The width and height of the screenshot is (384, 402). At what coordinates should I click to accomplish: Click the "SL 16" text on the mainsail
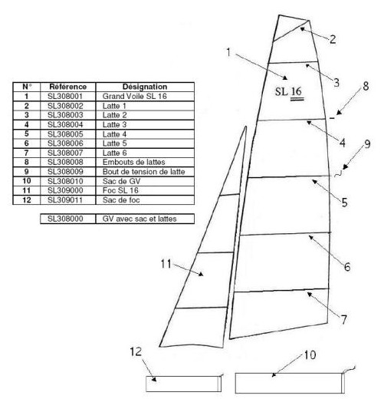pos(289,92)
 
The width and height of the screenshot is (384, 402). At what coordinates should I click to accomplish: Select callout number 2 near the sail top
pos(333,39)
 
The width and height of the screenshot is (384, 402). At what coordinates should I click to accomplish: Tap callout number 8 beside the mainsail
pos(366,86)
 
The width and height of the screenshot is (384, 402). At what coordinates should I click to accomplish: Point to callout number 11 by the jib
pos(166,264)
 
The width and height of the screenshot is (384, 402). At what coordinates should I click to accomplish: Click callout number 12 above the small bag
pos(136,351)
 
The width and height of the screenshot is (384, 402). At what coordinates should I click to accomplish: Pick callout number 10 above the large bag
pos(310,355)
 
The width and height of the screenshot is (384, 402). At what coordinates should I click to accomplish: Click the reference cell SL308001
pos(65,97)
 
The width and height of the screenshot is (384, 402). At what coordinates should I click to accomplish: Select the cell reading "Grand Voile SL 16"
pos(134,97)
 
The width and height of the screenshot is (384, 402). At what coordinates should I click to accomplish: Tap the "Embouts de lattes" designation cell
pos(133,162)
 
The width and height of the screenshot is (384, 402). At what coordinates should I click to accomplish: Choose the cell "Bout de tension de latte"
pos(143,172)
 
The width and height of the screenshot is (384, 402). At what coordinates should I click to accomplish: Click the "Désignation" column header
pos(145,87)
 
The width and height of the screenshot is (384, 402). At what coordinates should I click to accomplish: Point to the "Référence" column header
pos(68,87)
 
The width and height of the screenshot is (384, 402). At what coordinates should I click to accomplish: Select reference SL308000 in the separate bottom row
pos(65,219)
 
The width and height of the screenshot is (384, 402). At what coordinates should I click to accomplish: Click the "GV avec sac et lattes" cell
pos(139,219)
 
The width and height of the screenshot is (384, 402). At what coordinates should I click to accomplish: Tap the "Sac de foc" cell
pos(121,200)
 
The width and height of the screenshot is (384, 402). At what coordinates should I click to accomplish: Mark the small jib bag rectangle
pos(183,384)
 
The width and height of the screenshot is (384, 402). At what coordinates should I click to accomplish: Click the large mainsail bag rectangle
pos(290,383)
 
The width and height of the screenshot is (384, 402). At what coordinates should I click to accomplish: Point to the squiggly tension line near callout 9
pos(338,174)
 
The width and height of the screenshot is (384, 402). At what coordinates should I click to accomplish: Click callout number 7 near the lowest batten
pos(344,319)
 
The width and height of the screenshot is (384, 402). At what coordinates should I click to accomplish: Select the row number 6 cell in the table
pos(26,143)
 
